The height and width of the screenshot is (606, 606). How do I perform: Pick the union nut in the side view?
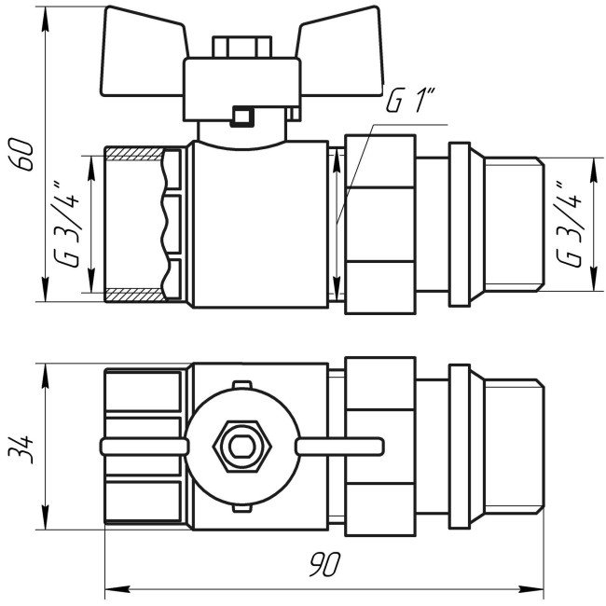(x=380, y=224)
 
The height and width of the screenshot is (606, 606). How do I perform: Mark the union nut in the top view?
(x=380, y=446)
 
